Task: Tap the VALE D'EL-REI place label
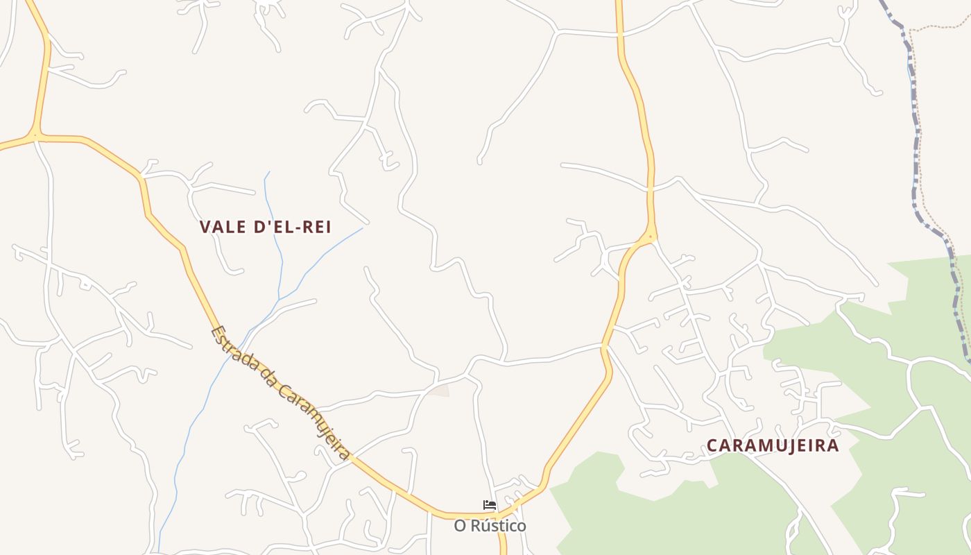click(265, 227)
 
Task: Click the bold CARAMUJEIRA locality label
click(773, 445)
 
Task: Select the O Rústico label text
click(490, 526)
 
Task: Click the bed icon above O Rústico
click(490, 505)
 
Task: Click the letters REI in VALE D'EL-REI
click(313, 227)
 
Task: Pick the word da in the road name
click(264, 382)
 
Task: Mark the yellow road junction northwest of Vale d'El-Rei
click(35, 135)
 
